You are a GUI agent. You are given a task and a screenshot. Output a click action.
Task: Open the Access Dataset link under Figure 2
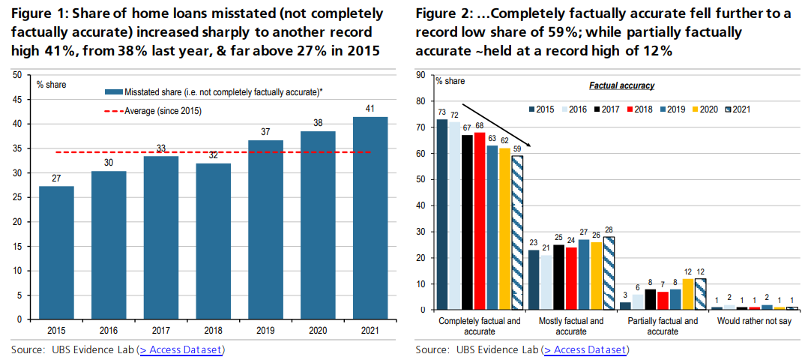click(585, 349)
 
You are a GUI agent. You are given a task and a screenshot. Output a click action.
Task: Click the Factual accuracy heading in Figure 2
click(621, 86)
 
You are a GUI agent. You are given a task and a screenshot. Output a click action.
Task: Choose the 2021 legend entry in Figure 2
click(738, 109)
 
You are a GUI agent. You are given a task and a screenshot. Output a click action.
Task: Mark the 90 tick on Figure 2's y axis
click(421, 75)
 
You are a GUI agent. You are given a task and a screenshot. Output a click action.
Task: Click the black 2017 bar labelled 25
click(558, 277)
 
